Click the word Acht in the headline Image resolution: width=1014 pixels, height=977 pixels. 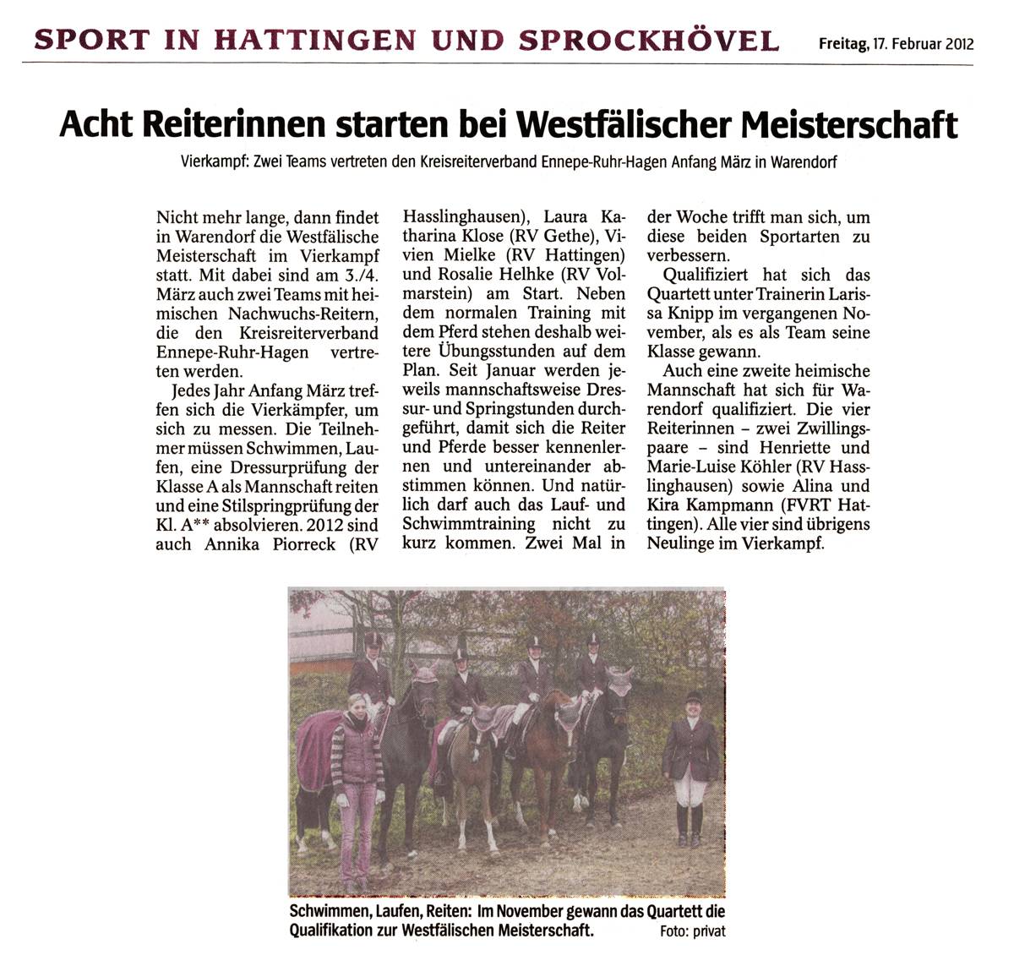(95, 124)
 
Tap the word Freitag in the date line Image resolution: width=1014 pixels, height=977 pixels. (842, 44)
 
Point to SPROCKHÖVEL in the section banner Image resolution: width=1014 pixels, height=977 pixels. (648, 40)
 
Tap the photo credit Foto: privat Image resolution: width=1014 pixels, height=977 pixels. (692, 931)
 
